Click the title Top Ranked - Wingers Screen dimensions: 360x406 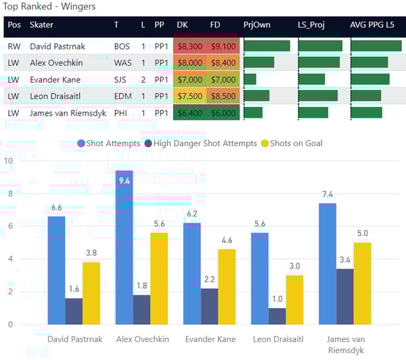[x=49, y=7]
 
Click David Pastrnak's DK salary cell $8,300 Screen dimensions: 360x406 [x=189, y=46]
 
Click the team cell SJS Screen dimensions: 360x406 [x=122, y=79]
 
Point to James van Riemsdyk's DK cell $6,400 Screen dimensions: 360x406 [x=189, y=112]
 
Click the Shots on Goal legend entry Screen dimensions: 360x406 [x=295, y=143]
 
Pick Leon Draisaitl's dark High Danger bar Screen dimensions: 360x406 [x=277, y=316]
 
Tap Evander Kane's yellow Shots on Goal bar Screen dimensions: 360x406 [x=227, y=286]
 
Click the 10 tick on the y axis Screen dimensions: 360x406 [x=8, y=161]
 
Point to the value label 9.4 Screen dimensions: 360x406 [x=124, y=181]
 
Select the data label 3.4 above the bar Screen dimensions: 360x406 [x=345, y=259]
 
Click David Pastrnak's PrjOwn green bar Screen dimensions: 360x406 [x=267, y=46]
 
